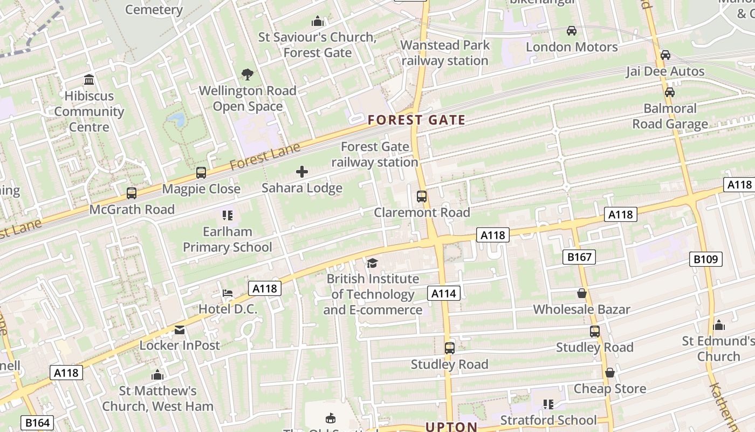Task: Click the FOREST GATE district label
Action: [416, 120]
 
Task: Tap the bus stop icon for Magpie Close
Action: [201, 173]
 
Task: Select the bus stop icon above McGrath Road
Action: [131, 193]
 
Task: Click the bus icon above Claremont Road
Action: [422, 197]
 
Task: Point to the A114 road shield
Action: [444, 294]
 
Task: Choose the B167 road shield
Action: [580, 257]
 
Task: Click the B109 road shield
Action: [705, 260]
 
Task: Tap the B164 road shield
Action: [37, 423]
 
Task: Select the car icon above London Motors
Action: [572, 31]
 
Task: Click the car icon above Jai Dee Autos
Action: [665, 55]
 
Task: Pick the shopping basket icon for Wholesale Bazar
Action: [581, 293]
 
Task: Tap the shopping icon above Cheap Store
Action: [609, 373]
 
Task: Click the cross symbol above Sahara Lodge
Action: [302, 172]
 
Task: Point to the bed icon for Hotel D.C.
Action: [228, 293]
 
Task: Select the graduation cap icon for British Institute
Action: [373, 263]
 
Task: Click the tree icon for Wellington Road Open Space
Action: [248, 75]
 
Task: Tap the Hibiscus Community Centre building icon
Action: [89, 80]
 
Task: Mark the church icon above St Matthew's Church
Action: [157, 374]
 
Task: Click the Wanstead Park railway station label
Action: [445, 53]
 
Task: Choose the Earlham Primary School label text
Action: [228, 239]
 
